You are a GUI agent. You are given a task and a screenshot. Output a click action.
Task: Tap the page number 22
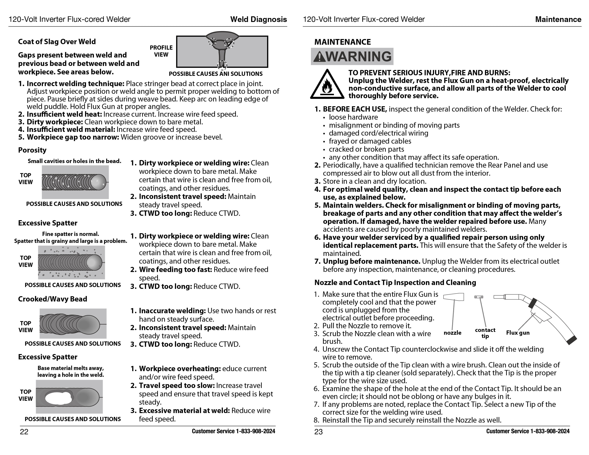point(24,432)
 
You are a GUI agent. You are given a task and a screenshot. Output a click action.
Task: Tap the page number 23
point(318,432)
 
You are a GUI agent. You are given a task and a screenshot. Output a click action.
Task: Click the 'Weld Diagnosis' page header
point(258,19)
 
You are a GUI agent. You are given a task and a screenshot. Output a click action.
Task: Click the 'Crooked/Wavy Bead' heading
point(53,299)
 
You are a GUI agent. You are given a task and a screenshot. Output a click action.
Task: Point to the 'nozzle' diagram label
point(452,333)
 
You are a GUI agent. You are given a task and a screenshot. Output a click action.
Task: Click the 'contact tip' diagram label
point(485,333)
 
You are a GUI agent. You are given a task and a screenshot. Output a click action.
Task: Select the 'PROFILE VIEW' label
point(161,51)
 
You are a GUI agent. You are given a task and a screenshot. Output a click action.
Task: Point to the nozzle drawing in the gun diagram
point(454,297)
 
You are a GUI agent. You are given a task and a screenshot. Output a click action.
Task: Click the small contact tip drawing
point(479,297)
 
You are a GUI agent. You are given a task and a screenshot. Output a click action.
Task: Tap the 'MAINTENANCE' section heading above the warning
point(342,42)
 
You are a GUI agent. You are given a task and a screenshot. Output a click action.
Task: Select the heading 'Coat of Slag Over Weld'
point(57,42)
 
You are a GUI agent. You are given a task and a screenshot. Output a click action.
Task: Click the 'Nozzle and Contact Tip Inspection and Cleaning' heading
point(395,282)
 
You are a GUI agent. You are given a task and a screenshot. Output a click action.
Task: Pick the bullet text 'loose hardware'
point(353,117)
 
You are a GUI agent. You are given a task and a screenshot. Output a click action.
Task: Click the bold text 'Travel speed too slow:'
point(177,386)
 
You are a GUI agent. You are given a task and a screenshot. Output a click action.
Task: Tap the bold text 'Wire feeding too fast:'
point(175,269)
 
